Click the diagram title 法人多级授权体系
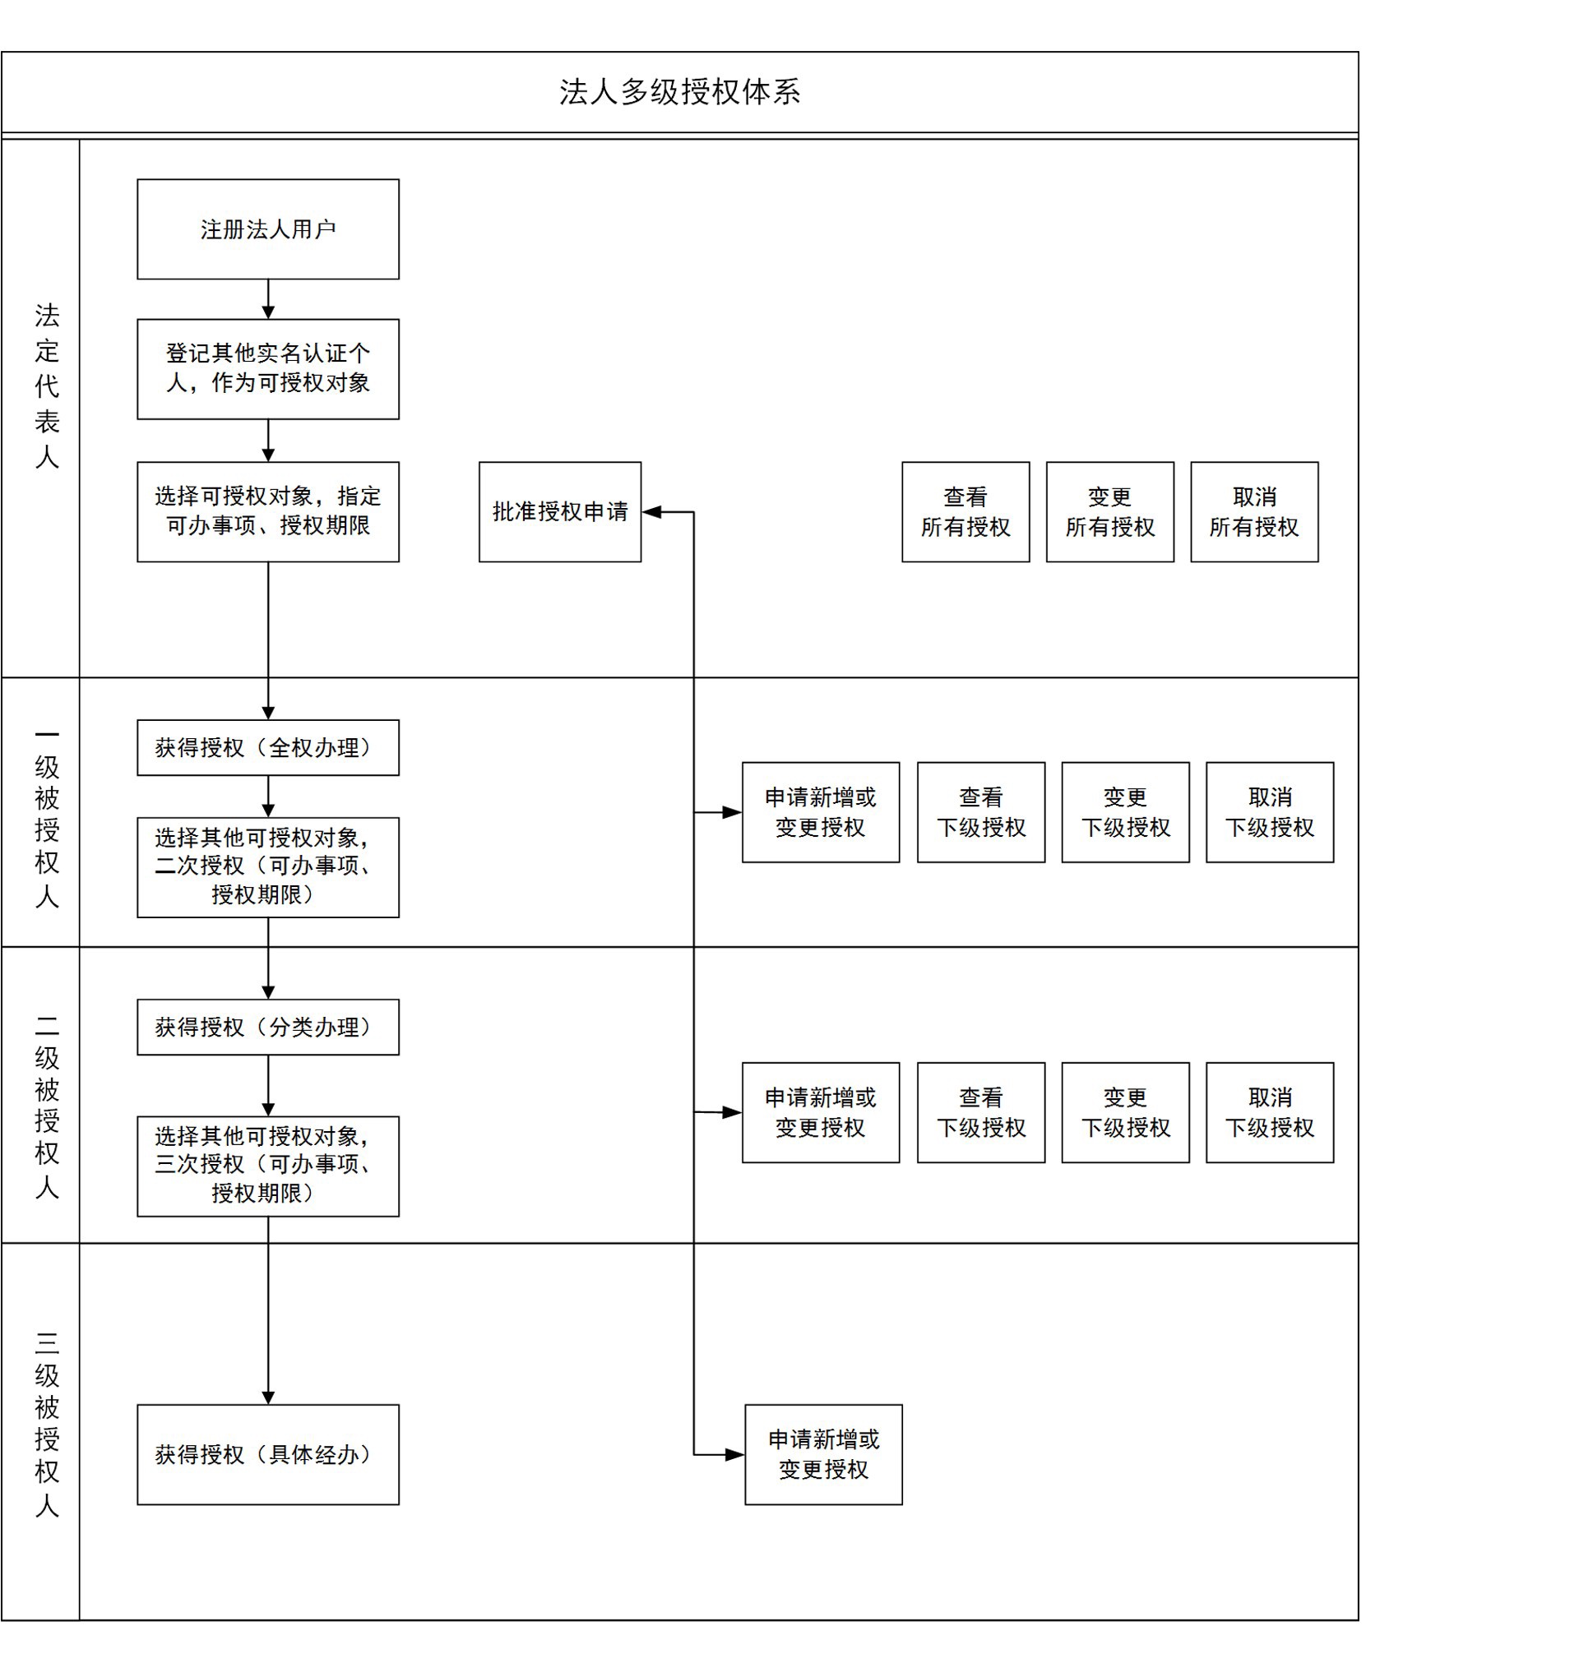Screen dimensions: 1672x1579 pos(679,92)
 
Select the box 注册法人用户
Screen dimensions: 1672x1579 pos(267,229)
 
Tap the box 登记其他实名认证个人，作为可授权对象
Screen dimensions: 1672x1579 pos(267,368)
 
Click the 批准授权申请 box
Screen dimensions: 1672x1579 pos(560,511)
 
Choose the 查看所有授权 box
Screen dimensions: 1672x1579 pos(965,511)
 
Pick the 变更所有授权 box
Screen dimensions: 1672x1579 pos(1109,511)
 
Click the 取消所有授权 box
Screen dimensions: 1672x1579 pos(1254,511)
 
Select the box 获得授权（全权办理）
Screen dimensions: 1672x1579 pos(267,747)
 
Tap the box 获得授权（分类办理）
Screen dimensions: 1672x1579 pos(267,1027)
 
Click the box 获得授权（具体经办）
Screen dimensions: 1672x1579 pos(267,1454)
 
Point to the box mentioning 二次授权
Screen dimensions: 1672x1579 pos(267,866)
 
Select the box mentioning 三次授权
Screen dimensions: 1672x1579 pos(267,1166)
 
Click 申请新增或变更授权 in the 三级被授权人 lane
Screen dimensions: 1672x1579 pos(823,1454)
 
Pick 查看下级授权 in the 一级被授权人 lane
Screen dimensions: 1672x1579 pos(980,812)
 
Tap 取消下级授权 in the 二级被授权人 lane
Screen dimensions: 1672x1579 pos(1269,1112)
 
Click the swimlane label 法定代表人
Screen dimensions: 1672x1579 pos(46,386)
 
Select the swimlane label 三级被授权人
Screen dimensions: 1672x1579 pos(46,1424)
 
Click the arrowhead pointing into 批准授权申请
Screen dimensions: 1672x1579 pos(651,511)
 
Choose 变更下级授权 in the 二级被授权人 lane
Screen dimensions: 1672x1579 pos(1125,1112)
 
